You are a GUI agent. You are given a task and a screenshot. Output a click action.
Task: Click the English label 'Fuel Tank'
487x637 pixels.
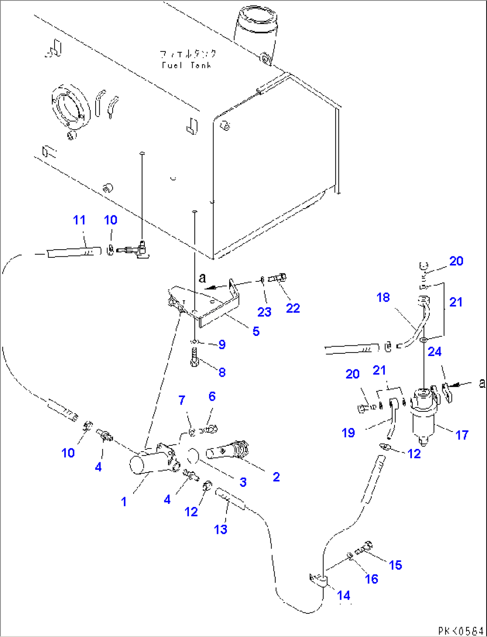[x=186, y=65]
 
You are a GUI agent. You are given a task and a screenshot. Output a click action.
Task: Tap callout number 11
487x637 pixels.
[x=79, y=220]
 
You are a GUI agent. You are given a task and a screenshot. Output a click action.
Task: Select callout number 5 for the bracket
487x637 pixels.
[x=256, y=331]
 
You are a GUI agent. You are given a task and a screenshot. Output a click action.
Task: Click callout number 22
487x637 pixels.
[x=293, y=308]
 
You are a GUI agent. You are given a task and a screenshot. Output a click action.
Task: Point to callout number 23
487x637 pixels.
[x=264, y=312]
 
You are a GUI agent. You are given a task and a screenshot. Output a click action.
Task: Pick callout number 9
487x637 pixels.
[x=222, y=344]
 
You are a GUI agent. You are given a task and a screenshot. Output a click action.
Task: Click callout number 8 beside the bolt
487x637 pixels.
[x=222, y=372]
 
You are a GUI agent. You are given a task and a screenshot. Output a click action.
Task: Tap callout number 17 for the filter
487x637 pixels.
[x=462, y=435]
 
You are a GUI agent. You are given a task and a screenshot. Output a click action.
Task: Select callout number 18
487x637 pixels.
[x=383, y=298]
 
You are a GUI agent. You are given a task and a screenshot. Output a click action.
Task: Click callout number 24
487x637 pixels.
[x=434, y=352]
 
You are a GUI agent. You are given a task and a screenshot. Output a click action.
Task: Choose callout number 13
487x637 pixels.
[x=221, y=529]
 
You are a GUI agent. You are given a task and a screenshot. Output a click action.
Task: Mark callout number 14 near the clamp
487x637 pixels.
[x=344, y=595]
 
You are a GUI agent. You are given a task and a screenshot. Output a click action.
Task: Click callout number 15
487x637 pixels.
[x=395, y=565]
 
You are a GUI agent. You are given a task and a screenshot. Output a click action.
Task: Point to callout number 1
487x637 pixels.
[x=124, y=502]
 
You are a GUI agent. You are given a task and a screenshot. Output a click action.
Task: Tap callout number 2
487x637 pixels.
[x=276, y=477]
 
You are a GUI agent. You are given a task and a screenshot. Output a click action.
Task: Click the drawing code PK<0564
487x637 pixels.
[x=460, y=631]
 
